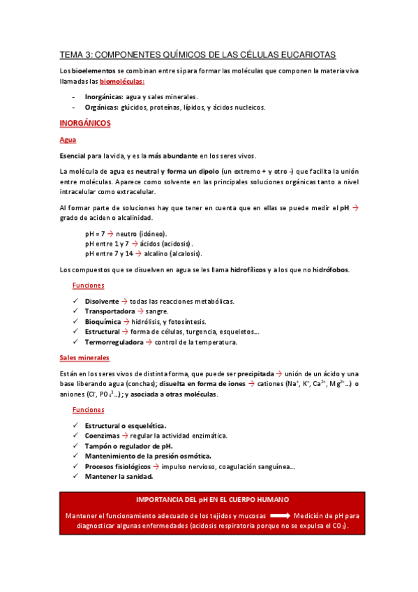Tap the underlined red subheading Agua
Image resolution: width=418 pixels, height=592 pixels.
(x=67, y=140)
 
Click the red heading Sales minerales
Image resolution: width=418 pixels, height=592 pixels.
(x=84, y=357)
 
